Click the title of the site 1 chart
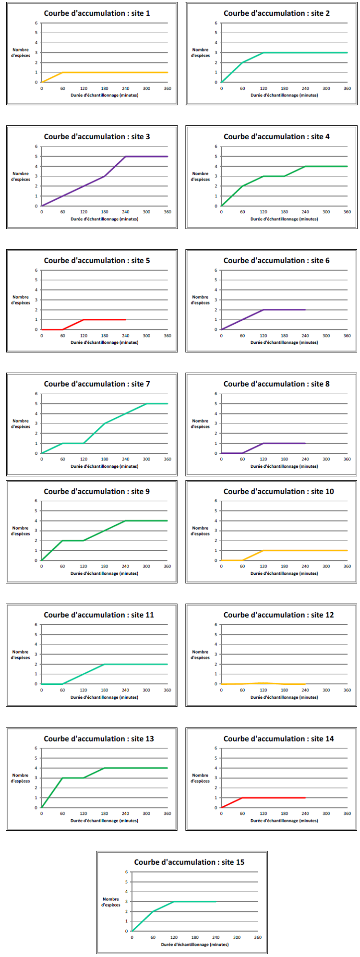pyautogui.click(x=97, y=13)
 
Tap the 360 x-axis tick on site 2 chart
pyautogui.click(x=347, y=88)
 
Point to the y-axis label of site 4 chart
pyautogui.click(x=200, y=177)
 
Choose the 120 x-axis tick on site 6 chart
pyautogui.click(x=264, y=336)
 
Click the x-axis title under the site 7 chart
pyautogui.click(x=105, y=466)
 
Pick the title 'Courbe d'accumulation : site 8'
pyautogui.click(x=276, y=384)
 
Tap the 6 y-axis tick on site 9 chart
pyautogui.click(x=36, y=501)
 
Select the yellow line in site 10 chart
pyautogui.click(x=305, y=550)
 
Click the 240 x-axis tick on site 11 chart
pyautogui.click(x=125, y=690)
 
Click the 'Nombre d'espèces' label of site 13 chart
pyautogui.click(x=20, y=778)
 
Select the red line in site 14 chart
pyautogui.click(x=274, y=798)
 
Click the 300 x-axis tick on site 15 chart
pyautogui.click(x=237, y=937)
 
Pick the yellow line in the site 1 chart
pyautogui.click(x=115, y=73)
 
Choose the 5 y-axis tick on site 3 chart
pyautogui.click(x=36, y=157)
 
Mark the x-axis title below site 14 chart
pyautogui.click(x=284, y=821)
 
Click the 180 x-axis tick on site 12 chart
pyautogui.click(x=284, y=690)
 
